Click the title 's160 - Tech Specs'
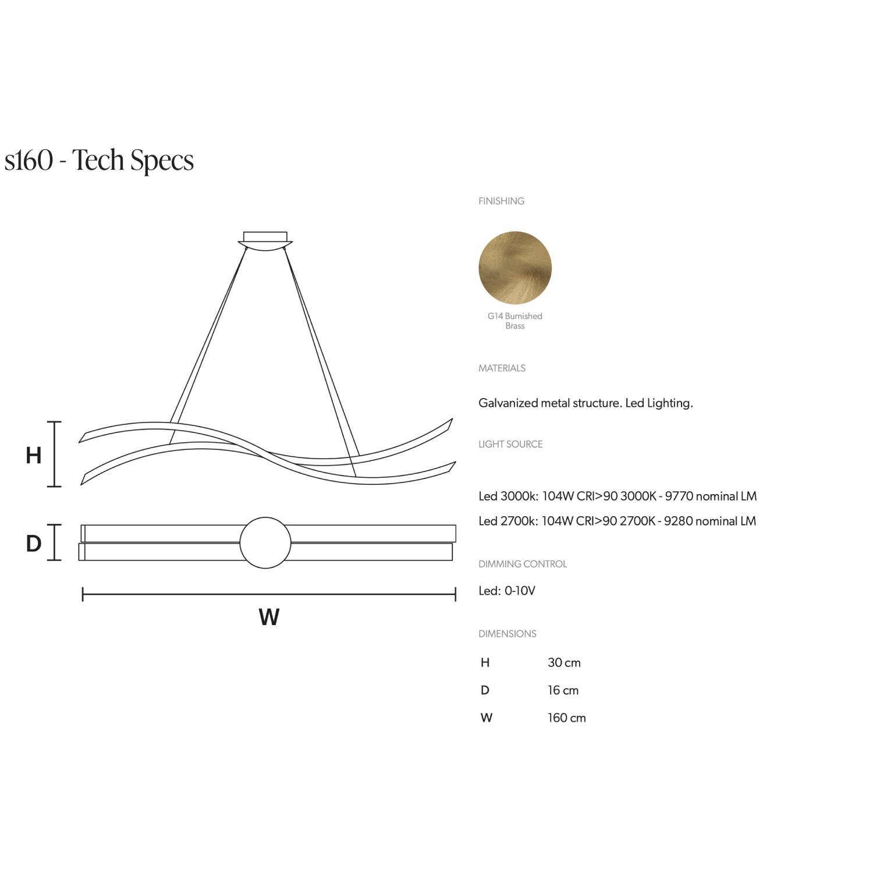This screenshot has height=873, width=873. coord(99,160)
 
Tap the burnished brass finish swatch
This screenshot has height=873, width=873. coord(515,268)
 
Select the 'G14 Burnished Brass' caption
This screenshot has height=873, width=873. coord(515,321)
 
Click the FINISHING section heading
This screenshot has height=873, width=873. coord(501,201)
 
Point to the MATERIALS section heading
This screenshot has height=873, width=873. coord(502,368)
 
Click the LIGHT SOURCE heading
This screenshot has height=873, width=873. coord(510,444)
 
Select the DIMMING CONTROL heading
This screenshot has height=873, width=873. coord(523,564)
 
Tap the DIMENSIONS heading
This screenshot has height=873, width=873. coord(508,634)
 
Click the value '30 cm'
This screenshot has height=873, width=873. coord(564,663)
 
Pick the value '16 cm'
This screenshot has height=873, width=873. coord(563,691)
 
